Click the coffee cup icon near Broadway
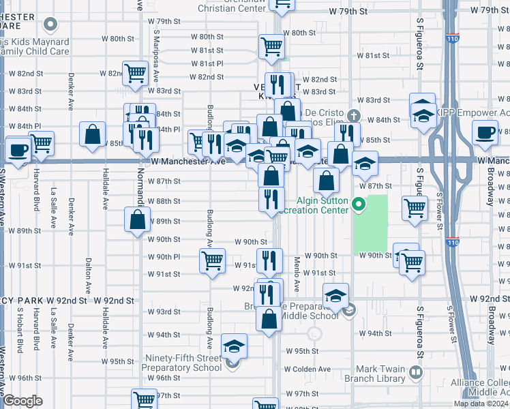pos(485,134)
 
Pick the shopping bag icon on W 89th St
pos(138,219)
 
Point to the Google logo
pos(23,401)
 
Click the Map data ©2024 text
pos(481,404)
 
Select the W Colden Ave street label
pos(307,369)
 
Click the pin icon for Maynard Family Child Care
pos(50,25)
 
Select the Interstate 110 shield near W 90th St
pos(454,241)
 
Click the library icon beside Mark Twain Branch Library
pos(415,373)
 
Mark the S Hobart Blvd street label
pos(20,330)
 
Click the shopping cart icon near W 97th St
pos(144,400)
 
